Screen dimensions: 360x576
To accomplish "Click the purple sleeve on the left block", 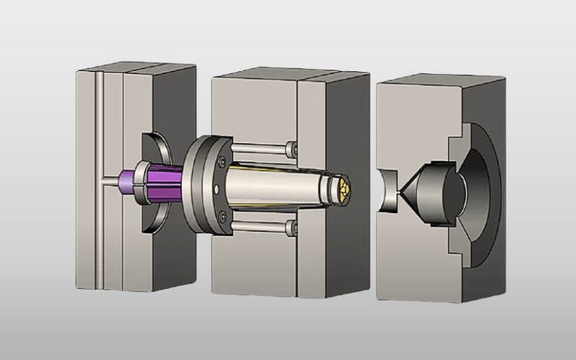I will coord(162,184).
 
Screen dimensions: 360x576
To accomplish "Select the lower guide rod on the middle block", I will coord(259,225).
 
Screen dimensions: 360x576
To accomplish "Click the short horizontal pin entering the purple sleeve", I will coord(110,180).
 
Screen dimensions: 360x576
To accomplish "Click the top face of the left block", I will coord(135,69).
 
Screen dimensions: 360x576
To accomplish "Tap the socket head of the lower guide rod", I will coord(291,226).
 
